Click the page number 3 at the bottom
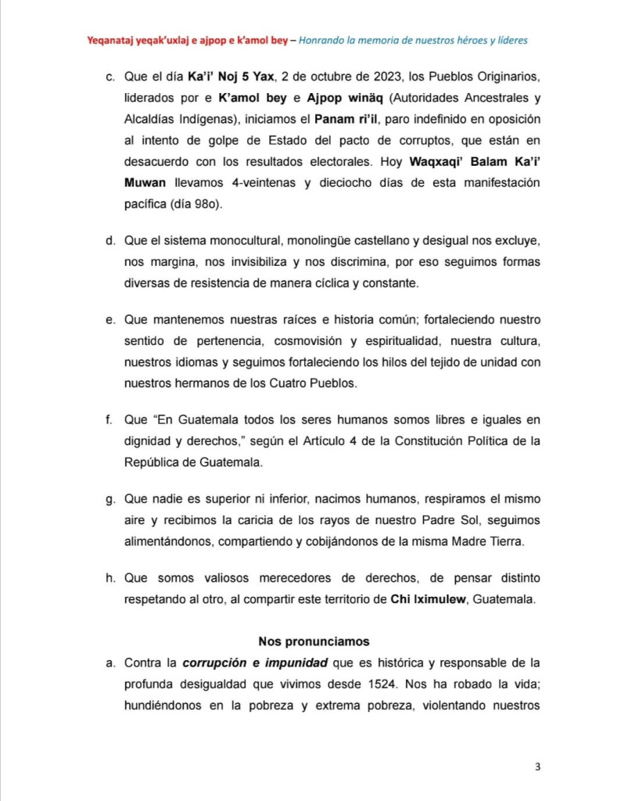(x=538, y=766)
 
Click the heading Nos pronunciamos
(x=314, y=641)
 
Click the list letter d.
(x=109, y=239)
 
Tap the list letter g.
(x=109, y=498)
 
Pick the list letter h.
(x=109, y=579)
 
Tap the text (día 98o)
(x=184, y=205)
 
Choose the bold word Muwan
(x=144, y=184)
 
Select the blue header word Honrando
(x=323, y=38)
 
